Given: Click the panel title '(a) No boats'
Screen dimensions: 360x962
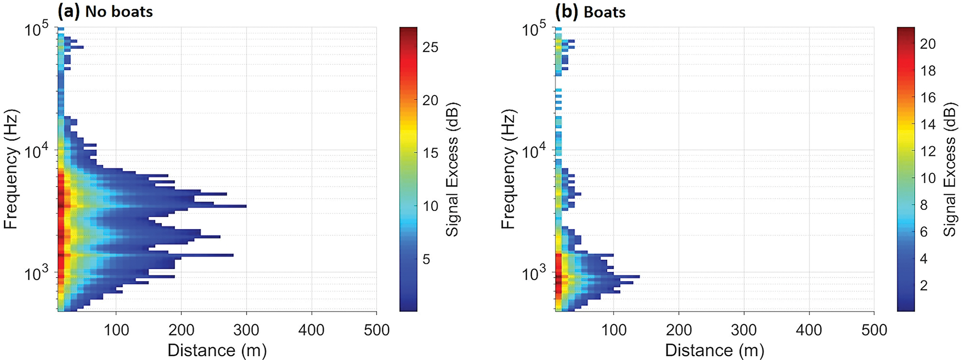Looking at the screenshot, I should click(x=105, y=11).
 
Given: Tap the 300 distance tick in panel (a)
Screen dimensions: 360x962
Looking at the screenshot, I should click(x=246, y=330).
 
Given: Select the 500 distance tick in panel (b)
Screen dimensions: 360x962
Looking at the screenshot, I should click(x=874, y=330).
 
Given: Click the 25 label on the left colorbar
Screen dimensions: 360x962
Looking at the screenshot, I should click(x=430, y=47).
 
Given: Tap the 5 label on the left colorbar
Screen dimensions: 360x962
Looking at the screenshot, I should click(x=426, y=259).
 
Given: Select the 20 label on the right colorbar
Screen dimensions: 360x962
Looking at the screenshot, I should click(x=927, y=44).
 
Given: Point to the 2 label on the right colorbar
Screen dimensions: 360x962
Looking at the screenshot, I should click(x=924, y=285).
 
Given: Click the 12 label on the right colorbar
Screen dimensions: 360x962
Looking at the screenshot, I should click(x=927, y=151).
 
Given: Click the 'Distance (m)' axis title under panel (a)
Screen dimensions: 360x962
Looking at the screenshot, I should click(x=217, y=350).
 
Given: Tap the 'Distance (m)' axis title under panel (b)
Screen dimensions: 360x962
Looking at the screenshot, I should click(x=714, y=350).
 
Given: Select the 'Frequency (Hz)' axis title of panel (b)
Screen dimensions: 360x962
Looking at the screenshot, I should click(x=508, y=169).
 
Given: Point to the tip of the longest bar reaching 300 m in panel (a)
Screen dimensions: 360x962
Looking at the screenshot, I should click(x=246, y=207).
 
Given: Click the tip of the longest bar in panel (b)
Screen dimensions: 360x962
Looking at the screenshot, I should click(x=639, y=277).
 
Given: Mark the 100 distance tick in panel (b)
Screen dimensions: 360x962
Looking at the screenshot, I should click(x=614, y=330).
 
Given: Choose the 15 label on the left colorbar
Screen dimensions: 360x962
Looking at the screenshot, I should click(x=430, y=153).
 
